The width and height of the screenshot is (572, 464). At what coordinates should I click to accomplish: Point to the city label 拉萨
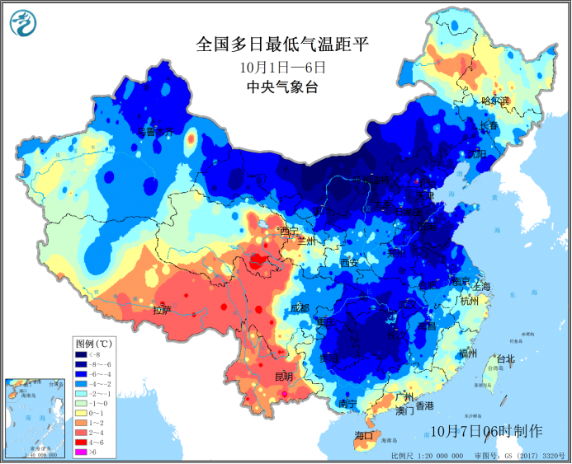click(162, 311)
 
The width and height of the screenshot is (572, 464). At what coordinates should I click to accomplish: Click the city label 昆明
click(283, 377)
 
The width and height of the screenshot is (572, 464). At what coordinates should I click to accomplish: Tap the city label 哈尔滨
click(496, 101)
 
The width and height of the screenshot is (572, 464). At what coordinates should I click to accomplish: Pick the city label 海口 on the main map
click(364, 434)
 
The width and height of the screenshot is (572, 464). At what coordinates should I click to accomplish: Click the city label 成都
click(299, 307)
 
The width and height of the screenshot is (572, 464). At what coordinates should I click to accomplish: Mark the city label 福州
click(467, 353)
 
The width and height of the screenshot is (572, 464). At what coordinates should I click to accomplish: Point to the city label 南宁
click(347, 404)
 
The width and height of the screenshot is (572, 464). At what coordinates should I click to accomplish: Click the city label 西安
click(350, 262)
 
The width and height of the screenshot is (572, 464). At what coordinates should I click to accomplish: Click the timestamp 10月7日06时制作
click(486, 431)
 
